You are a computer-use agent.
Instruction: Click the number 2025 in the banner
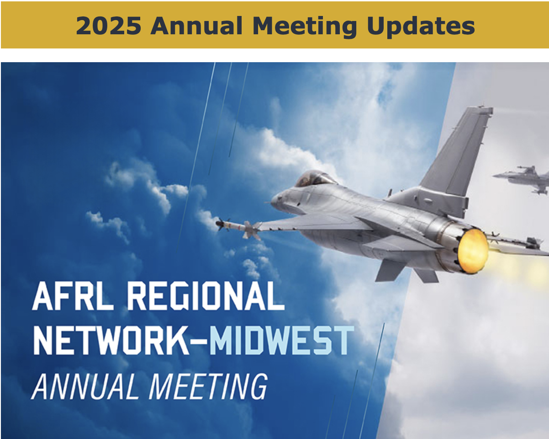coord(108,26)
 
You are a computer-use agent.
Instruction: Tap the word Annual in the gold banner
coord(196,26)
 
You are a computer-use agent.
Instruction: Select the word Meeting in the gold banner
coord(305,27)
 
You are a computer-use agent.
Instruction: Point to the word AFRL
coord(73,296)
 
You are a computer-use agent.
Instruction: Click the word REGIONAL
coord(206,296)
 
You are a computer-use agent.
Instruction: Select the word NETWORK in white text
coord(111,340)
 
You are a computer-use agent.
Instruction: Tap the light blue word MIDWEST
coord(282,340)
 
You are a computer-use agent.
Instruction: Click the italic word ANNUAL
coord(83,386)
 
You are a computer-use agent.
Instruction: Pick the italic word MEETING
coord(208,386)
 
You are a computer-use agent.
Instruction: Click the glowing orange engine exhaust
coord(473,251)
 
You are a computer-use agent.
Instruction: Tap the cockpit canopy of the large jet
coord(315,178)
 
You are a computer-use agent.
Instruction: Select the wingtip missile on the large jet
coord(238,227)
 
